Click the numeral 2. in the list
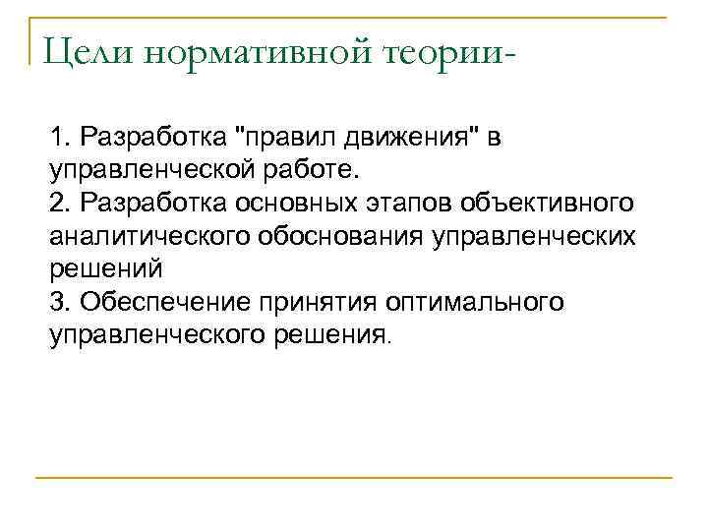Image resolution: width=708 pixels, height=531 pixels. pos(61,202)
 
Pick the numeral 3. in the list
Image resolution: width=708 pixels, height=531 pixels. pos(61,302)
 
